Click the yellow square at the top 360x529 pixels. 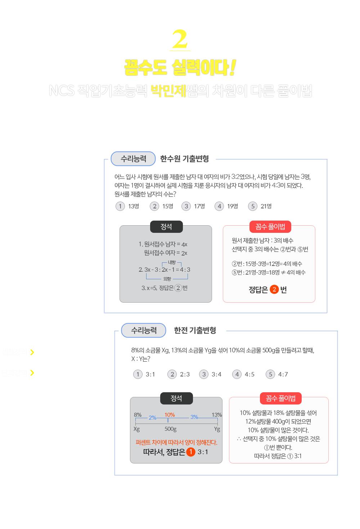click(180, 39)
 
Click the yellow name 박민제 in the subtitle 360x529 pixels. click(168, 91)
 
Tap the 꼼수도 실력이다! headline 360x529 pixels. click(180, 68)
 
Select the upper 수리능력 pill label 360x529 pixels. click(133, 159)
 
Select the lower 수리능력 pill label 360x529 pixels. click(144, 330)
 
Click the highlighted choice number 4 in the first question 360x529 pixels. click(219, 206)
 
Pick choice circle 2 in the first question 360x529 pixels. click(154, 206)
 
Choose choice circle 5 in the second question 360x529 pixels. click(270, 374)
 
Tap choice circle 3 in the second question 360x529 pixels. click(204, 374)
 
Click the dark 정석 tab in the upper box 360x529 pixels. click(166, 226)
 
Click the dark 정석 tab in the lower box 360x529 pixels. click(176, 398)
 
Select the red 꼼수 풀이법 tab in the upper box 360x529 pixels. click(270, 226)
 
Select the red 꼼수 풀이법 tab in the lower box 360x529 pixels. click(280, 398)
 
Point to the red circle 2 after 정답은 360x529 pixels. click(274, 289)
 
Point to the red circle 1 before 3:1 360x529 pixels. click(191, 452)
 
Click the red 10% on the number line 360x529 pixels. click(170, 415)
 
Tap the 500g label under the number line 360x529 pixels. click(171, 429)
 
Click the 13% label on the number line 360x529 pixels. click(217, 415)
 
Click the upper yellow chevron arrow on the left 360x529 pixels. click(32, 352)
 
